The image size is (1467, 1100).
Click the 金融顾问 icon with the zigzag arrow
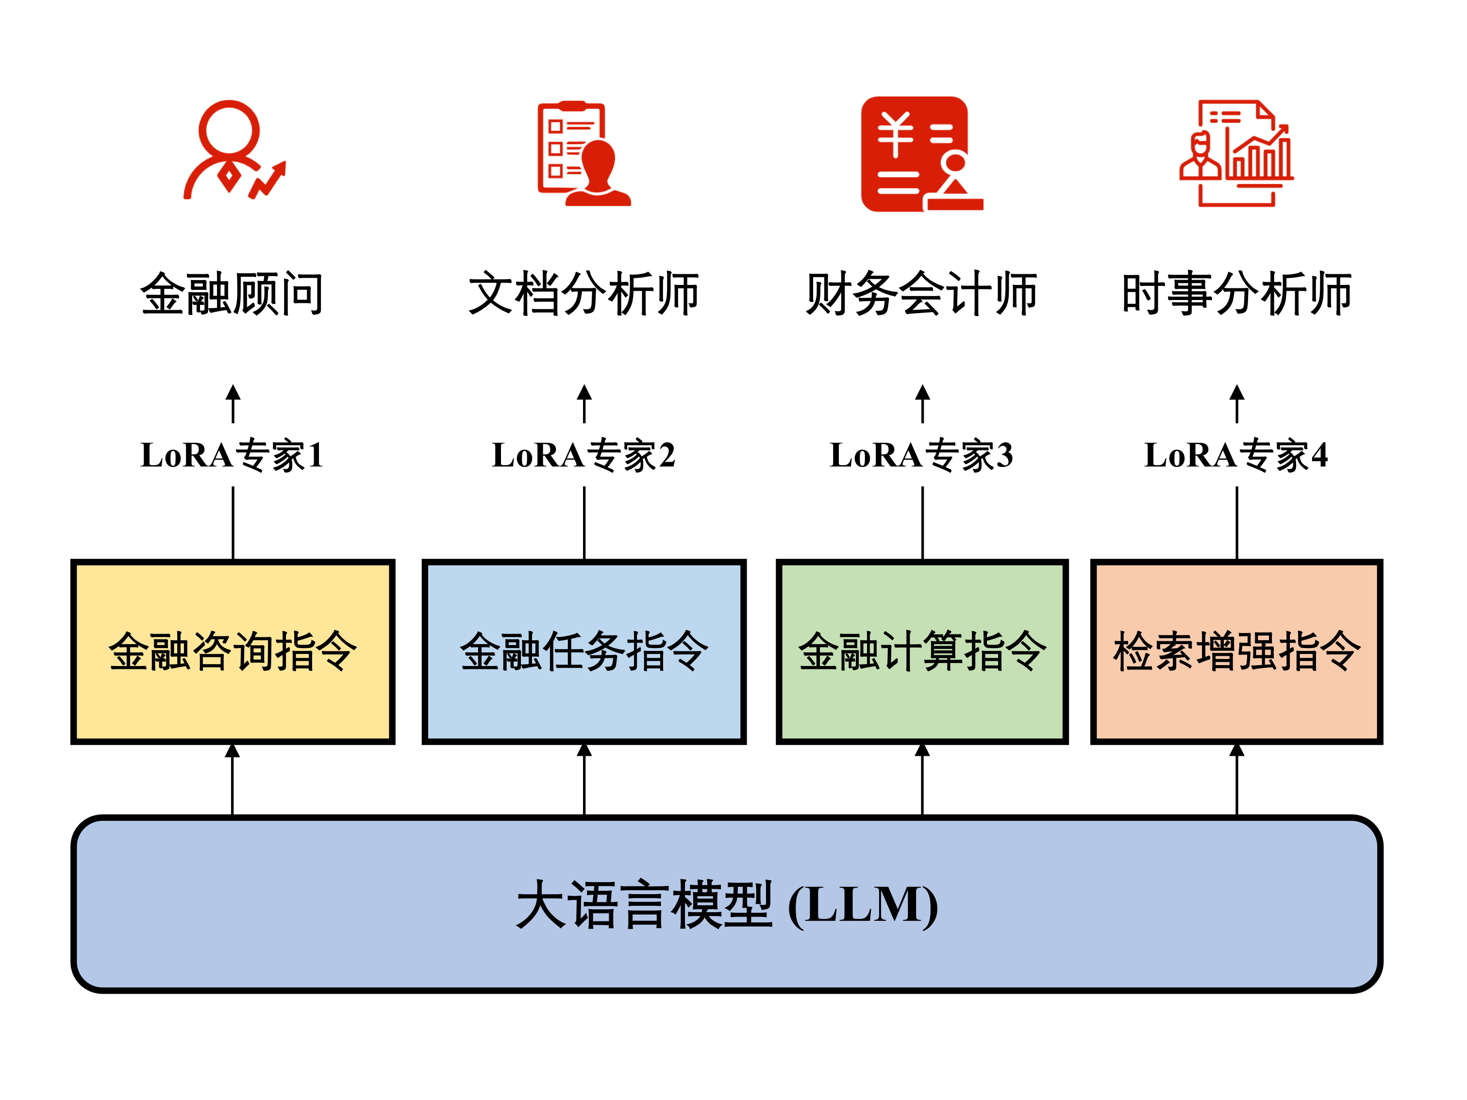[233, 151]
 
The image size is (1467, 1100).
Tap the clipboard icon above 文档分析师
[583, 154]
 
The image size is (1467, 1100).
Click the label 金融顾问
[232, 294]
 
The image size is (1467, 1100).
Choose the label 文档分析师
[583, 294]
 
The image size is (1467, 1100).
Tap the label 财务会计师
[921, 294]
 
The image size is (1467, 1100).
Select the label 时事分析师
[1236, 294]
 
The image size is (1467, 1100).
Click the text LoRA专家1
[232, 455]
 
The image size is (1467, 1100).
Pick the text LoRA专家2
[583, 455]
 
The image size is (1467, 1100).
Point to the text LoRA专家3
[921, 455]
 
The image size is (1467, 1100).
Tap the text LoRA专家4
[1236, 455]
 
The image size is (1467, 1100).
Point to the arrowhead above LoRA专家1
[233, 393]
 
